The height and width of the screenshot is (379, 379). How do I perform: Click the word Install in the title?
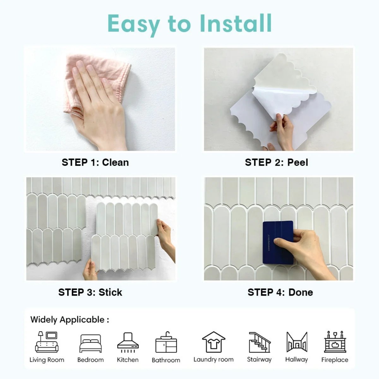tap(236, 23)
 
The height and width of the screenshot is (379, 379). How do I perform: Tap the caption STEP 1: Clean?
tap(95, 162)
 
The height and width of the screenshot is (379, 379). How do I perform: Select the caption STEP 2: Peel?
tap(276, 162)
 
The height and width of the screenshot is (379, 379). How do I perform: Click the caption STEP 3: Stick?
tap(90, 292)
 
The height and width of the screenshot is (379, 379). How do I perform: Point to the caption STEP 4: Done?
tap(280, 292)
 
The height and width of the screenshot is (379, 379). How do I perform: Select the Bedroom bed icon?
tap(90, 344)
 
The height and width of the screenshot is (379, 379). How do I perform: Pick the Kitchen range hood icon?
tap(128, 343)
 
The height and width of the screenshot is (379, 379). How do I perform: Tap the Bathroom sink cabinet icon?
tap(166, 343)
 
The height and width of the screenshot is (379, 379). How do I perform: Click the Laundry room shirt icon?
tap(214, 342)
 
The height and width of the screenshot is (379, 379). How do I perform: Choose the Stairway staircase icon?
tap(259, 342)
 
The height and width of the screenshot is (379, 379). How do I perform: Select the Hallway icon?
tap(297, 342)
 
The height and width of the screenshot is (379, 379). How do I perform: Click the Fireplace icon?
tap(335, 342)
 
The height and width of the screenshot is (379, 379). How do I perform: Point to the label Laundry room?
tap(214, 359)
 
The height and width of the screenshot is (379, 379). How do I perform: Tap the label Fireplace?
tap(335, 360)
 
